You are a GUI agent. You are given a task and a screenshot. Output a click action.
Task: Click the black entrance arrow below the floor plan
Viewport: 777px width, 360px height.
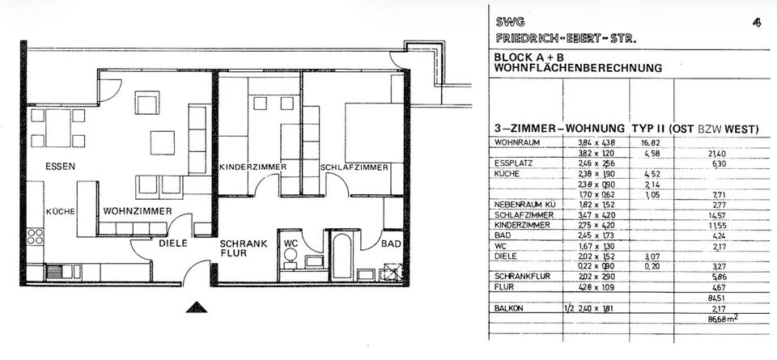tap(195, 307)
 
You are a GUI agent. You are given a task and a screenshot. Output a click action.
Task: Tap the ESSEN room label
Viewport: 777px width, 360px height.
tap(60, 167)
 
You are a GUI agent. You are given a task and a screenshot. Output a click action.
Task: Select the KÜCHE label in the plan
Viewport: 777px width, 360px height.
tap(60, 211)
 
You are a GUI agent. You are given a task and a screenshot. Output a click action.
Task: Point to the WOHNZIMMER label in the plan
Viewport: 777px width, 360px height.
tap(137, 211)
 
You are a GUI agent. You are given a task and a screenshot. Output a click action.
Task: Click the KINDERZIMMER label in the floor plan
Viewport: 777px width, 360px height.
tap(253, 167)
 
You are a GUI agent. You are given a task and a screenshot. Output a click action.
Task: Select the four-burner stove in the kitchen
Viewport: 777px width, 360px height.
tap(36, 236)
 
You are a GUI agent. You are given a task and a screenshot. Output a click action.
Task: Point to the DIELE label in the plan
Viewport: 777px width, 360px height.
tap(173, 242)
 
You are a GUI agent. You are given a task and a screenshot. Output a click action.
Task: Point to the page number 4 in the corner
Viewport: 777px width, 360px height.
tap(756, 23)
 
